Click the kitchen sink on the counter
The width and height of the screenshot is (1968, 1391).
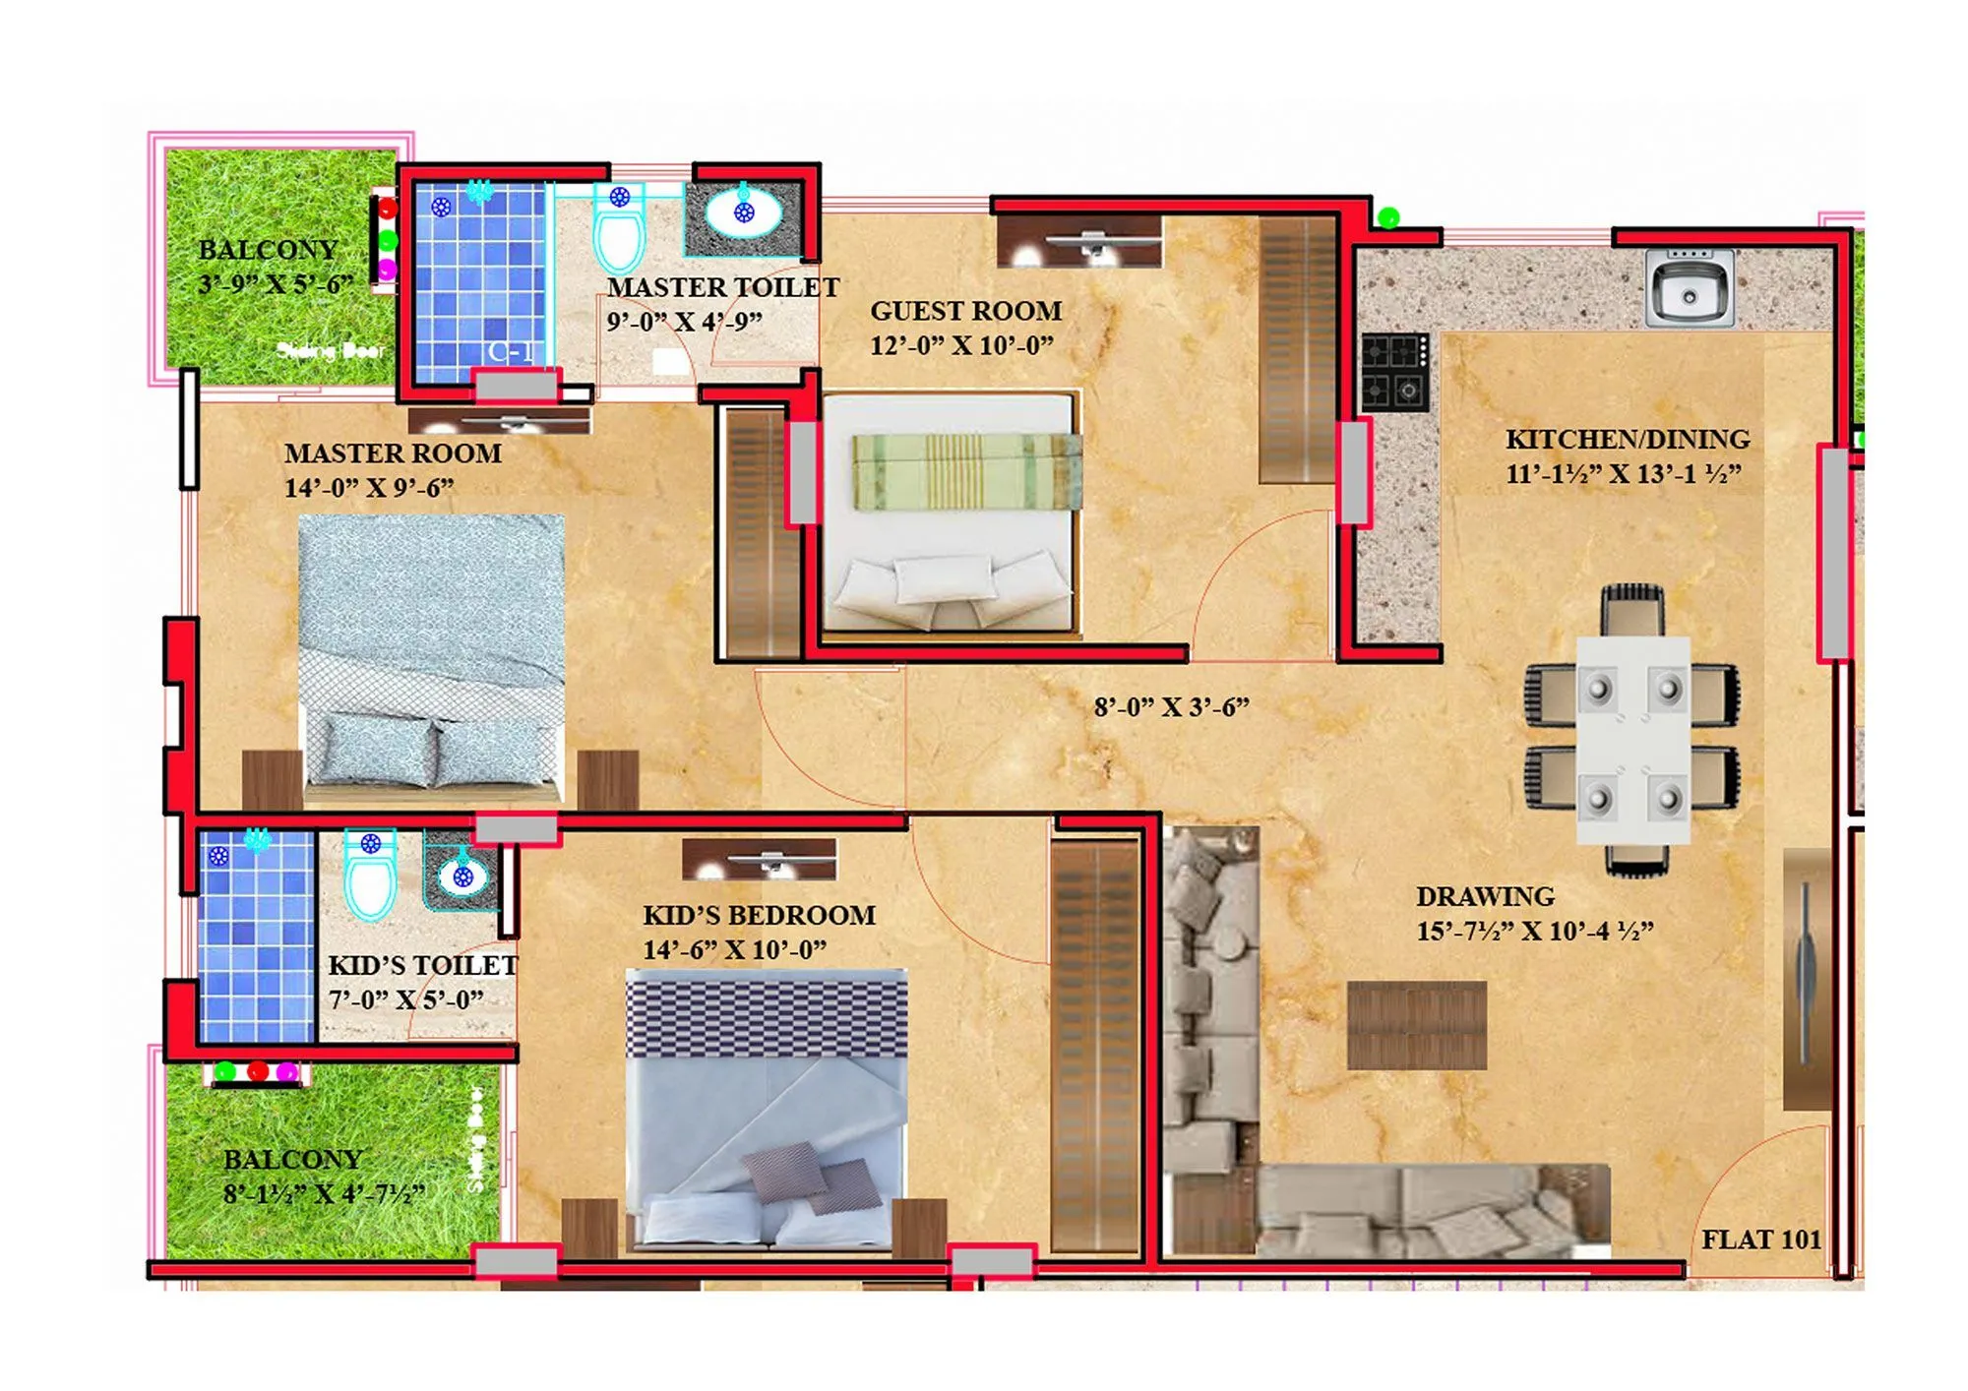[1689, 289]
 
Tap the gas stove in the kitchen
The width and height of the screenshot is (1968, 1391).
[1394, 372]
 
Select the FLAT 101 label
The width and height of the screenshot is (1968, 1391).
[1760, 1240]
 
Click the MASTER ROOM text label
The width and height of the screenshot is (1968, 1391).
[393, 454]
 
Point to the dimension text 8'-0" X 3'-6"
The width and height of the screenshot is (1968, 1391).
[1171, 707]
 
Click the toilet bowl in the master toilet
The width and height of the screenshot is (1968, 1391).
[619, 232]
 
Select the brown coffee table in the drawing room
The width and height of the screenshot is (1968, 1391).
[1416, 1025]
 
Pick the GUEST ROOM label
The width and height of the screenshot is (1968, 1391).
[965, 311]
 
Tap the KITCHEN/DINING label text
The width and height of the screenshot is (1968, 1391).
[1628, 439]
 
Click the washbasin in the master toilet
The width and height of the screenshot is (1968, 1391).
[744, 211]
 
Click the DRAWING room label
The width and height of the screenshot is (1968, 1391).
[1485, 896]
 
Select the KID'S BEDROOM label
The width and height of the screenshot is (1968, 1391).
[759, 915]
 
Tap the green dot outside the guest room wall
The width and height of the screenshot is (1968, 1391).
[1387, 217]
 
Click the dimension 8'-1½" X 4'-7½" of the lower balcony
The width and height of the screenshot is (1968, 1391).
[324, 1194]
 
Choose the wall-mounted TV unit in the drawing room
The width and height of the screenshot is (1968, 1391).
[1806, 979]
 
